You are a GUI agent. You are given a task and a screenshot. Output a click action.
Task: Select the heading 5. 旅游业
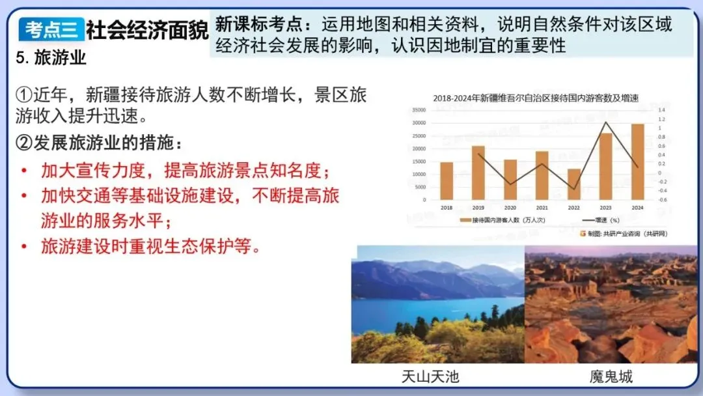51,57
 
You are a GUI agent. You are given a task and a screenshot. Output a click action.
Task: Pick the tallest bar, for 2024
637,162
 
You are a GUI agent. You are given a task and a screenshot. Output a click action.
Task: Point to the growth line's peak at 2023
606,122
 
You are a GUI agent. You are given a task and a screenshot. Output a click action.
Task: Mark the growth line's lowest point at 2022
573,189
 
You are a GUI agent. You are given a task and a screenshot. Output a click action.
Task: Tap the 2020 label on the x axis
510,207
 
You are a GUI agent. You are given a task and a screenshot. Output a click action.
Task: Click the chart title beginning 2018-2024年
536,98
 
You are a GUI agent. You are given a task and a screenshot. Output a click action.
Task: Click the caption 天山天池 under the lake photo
430,376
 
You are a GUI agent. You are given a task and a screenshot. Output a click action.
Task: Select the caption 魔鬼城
611,376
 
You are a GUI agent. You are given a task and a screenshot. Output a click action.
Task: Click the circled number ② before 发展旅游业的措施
23,143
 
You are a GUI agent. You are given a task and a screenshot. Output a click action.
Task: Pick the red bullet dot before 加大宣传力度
24,171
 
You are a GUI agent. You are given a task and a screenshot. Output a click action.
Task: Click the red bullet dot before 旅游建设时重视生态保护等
24,247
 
